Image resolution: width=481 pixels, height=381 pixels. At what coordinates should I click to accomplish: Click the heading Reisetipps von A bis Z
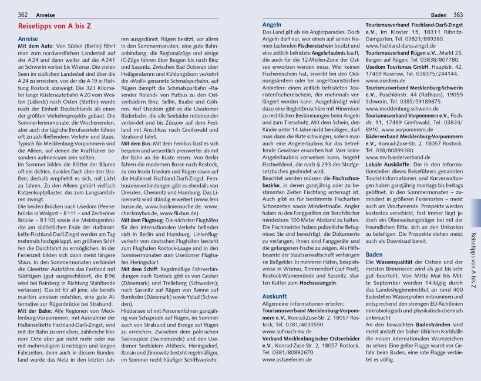(x=55, y=27)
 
